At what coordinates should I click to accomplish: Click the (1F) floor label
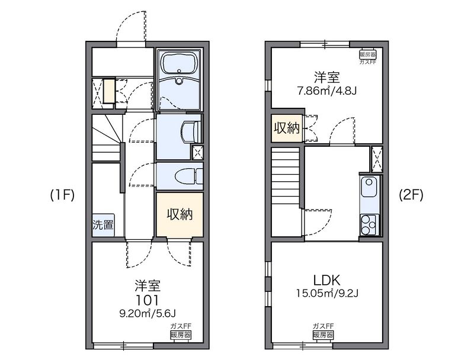62,195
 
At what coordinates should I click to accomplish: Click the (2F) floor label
411,195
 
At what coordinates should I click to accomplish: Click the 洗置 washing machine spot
103,224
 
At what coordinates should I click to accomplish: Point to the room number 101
147,300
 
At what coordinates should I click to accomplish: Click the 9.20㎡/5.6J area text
148,314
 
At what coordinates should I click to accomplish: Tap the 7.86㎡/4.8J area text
327,91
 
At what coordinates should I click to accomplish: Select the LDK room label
327,280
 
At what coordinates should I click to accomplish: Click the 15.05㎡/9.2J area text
327,293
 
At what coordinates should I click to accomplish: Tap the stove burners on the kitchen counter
369,224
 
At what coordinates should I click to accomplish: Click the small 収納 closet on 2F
287,128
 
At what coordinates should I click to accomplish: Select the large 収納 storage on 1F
180,214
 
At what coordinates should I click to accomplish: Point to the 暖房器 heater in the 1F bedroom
181,335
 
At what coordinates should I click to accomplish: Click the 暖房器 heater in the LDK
323,335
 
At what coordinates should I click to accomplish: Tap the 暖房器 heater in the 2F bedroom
367,54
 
